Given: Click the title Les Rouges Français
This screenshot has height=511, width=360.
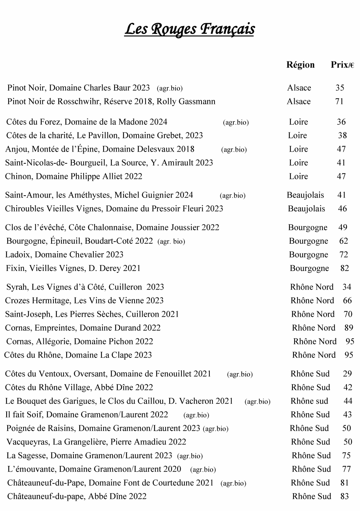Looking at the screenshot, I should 189,29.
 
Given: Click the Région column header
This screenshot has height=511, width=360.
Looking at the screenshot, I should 300,65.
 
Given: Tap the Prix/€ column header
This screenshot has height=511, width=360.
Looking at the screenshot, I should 342,65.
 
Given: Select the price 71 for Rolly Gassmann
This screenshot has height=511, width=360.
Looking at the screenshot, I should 339,101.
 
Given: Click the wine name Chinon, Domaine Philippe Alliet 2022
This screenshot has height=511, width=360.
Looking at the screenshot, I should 73,176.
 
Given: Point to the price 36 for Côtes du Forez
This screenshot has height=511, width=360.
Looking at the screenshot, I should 341,122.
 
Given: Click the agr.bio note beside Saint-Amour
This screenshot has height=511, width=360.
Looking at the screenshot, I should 233,196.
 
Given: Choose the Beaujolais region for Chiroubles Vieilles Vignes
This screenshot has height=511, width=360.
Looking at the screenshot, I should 306,209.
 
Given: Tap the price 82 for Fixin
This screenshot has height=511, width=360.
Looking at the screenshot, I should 344,268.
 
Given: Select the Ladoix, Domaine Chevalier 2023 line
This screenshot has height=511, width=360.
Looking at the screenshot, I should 64,255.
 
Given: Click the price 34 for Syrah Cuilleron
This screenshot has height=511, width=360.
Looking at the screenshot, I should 347,287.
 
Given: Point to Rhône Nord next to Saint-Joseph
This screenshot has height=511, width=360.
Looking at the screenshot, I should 313,314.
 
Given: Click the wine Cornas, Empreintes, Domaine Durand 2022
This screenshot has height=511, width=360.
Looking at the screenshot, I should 83,328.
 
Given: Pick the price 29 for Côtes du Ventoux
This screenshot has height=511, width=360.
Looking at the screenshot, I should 347,374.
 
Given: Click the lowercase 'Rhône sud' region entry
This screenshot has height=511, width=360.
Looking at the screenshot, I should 309,401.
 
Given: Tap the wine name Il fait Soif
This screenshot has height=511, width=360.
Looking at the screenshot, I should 87,415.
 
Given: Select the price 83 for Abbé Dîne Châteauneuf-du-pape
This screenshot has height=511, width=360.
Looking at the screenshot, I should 344,496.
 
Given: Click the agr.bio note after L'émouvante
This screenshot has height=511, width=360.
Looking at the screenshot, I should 203,470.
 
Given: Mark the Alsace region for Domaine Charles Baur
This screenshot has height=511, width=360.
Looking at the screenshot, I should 299,88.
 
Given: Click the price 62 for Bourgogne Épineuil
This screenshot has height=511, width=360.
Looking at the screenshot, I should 343,241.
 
